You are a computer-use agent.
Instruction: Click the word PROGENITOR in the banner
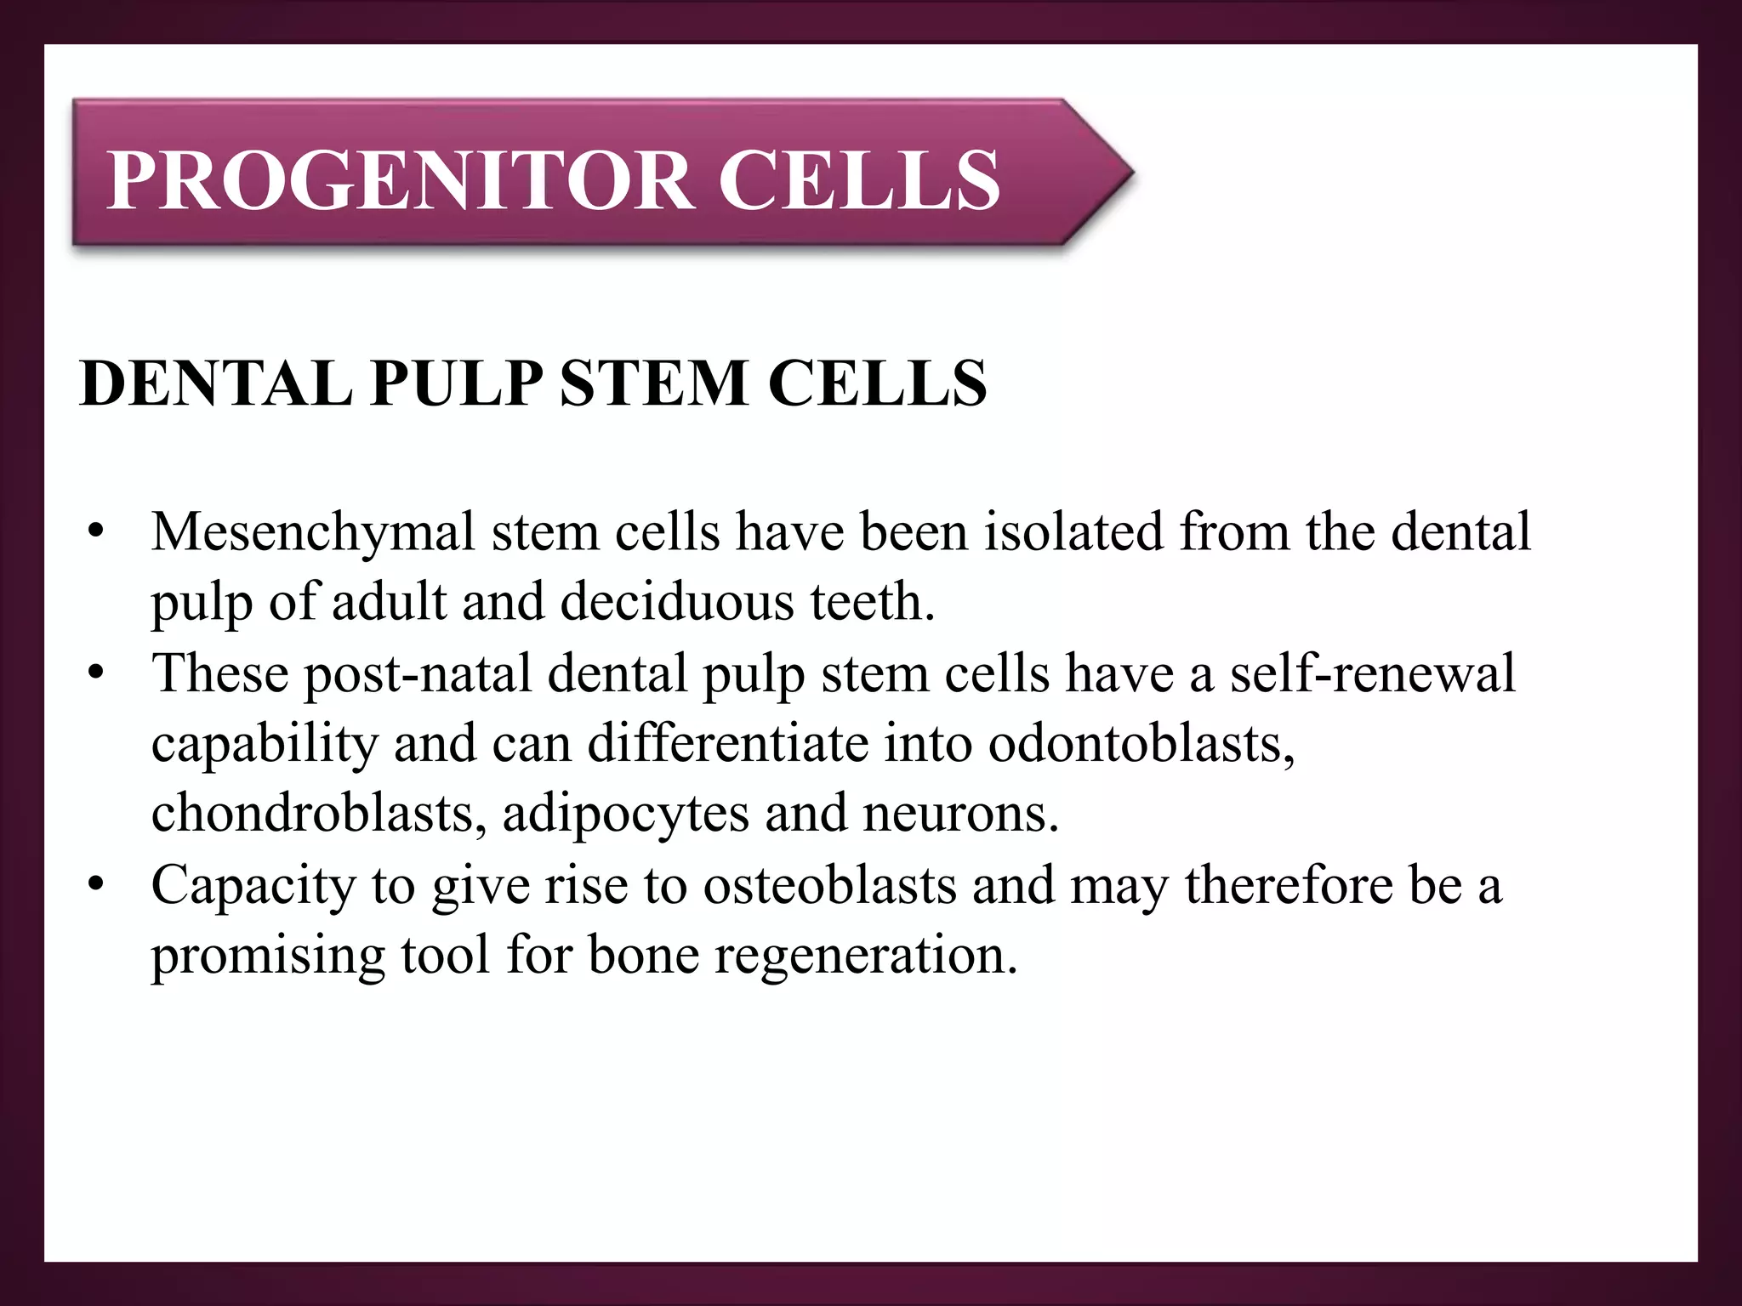tap(399, 180)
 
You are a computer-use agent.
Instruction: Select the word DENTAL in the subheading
tap(216, 383)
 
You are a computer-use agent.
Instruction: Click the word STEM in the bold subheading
tap(654, 383)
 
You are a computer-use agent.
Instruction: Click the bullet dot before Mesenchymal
tap(95, 533)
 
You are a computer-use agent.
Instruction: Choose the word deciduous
tap(677, 602)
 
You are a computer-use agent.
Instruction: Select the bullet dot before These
tap(95, 674)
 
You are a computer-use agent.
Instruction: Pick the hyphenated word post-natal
tap(418, 674)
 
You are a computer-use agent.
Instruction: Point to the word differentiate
tap(729, 743)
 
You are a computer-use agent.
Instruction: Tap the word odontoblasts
tap(1141, 743)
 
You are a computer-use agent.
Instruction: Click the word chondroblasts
tap(319, 813)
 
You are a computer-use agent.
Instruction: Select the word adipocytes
tap(626, 815)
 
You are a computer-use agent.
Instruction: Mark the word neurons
tap(960, 813)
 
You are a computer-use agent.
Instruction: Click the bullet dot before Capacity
tap(95, 885)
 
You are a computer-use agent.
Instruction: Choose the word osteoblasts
tap(829, 885)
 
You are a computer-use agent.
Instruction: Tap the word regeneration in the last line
tap(865, 956)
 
